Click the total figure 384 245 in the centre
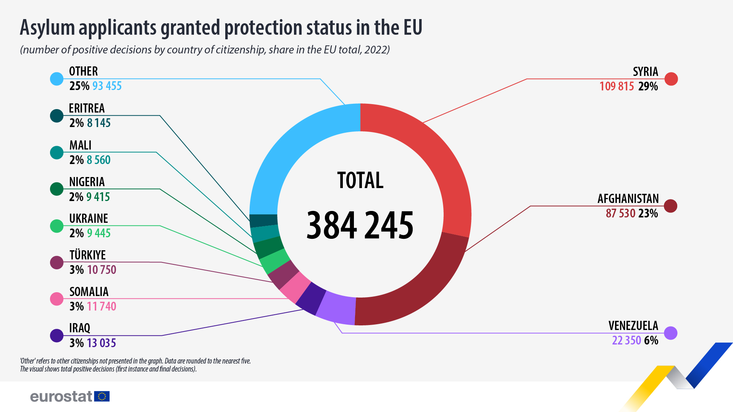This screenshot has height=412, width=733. (x=360, y=225)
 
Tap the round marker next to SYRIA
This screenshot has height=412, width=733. (x=671, y=79)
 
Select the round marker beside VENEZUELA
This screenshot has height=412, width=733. (x=670, y=333)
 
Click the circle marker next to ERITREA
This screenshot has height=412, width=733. (x=57, y=116)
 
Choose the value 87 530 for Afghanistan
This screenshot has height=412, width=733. (x=620, y=213)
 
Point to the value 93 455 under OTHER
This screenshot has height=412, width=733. (x=107, y=86)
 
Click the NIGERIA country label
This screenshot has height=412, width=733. (x=87, y=182)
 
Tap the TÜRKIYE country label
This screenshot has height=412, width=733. (x=87, y=255)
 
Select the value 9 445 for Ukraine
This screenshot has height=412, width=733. (x=98, y=233)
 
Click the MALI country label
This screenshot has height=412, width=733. (x=81, y=145)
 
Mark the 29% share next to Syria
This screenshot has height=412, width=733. (x=648, y=87)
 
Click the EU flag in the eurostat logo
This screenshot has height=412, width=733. (x=102, y=396)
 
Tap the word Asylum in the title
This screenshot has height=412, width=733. (x=47, y=28)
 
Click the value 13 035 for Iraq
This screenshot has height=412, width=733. (x=101, y=343)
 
